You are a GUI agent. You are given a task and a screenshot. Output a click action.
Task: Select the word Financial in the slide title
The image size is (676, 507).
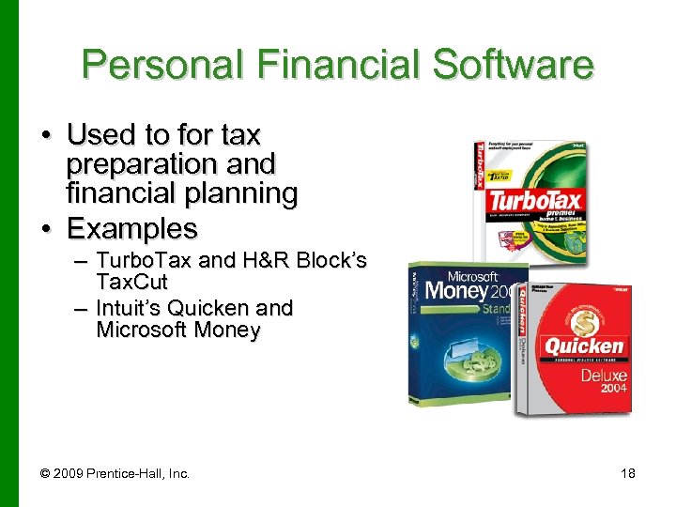click(322, 66)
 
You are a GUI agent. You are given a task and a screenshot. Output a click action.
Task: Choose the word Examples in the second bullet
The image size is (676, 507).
click(132, 228)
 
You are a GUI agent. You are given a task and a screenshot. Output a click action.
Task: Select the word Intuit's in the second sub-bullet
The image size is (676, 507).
click(135, 308)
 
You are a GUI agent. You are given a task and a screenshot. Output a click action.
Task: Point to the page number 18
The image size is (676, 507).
click(627, 473)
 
